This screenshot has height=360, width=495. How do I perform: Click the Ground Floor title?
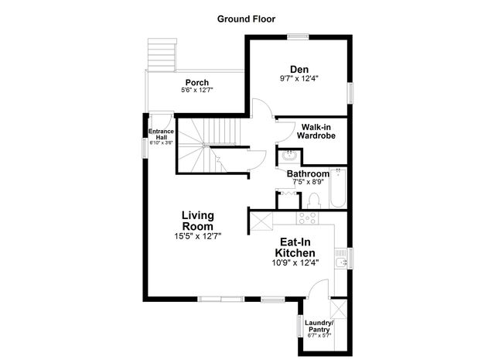(x=246, y=19)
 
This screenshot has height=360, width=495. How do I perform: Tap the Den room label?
(x=299, y=69)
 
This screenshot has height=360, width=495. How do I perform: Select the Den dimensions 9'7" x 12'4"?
(x=299, y=79)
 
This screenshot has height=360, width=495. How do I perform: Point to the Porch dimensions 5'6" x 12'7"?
(x=195, y=91)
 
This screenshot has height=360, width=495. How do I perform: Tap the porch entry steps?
(x=160, y=53)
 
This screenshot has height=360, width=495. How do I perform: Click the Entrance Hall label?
(x=162, y=134)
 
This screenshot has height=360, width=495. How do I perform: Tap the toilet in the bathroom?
(x=313, y=201)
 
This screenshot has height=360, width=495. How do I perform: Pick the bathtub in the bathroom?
(x=338, y=188)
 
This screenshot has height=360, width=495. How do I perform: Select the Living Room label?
(x=198, y=220)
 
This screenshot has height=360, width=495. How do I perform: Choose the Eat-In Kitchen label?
(x=296, y=248)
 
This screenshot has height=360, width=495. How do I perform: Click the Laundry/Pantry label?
(x=317, y=325)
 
